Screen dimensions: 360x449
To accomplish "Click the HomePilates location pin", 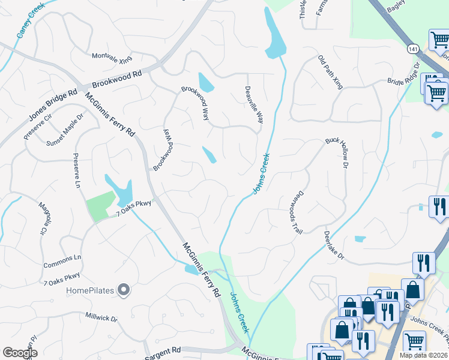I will tap(124, 291).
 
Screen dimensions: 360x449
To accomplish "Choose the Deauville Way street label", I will tap(254, 105).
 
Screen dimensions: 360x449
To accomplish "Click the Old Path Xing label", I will tap(331, 73).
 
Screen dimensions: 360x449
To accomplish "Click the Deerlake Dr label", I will tap(334, 245).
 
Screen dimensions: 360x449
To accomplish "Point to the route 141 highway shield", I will tap(412, 49).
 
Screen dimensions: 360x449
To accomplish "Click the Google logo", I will tap(19, 352).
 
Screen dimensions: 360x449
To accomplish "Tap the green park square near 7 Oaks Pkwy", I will tap(100, 206).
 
